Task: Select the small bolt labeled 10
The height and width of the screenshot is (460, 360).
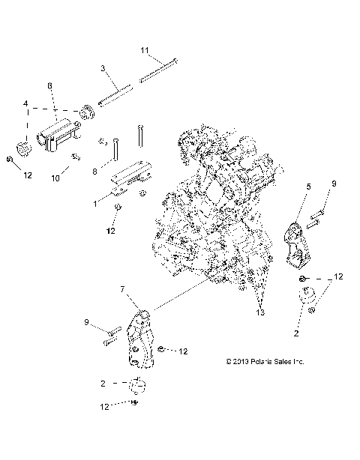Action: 76,156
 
